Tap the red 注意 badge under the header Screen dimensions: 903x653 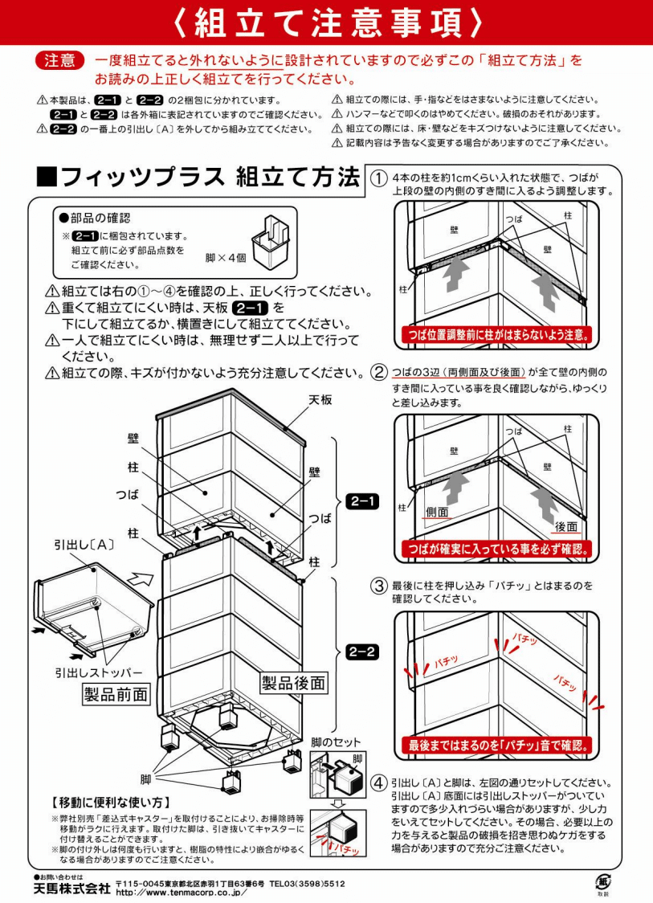(x=60, y=60)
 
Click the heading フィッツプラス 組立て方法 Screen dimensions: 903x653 (x=198, y=177)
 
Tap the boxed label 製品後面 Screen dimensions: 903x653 (x=294, y=683)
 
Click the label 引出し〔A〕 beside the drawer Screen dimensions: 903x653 (x=85, y=544)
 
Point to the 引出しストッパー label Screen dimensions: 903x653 (x=99, y=672)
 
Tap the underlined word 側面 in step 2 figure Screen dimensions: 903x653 (x=437, y=512)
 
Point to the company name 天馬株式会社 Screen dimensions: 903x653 (x=71, y=889)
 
